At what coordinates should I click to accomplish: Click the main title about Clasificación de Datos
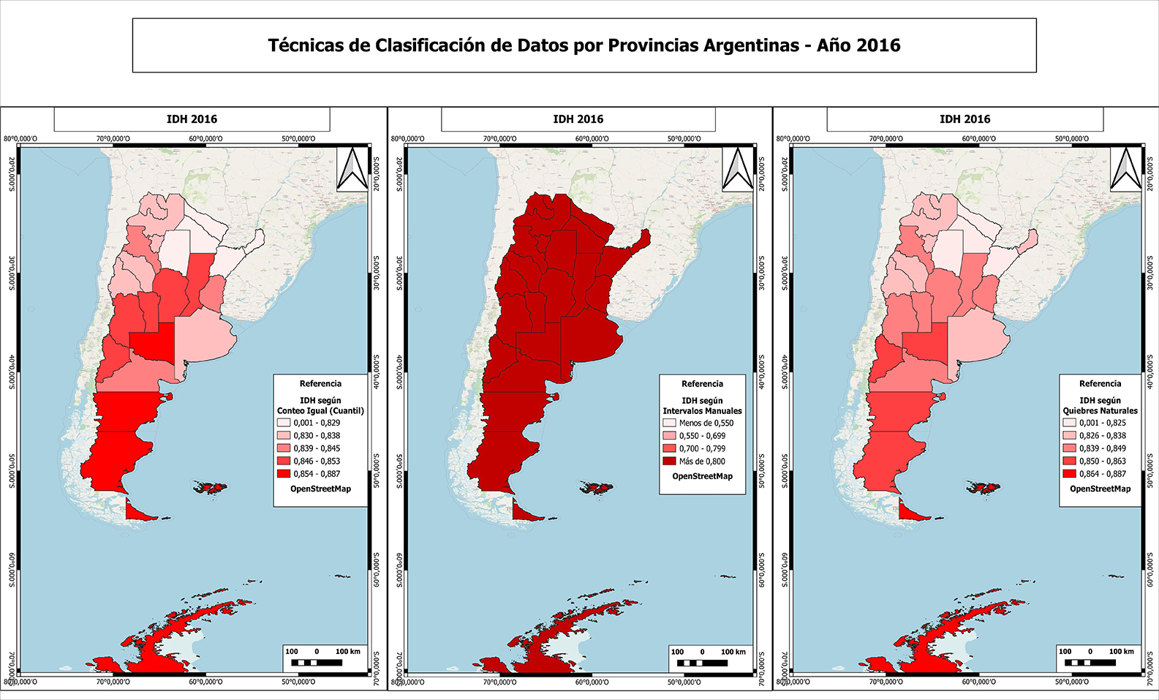point(584,45)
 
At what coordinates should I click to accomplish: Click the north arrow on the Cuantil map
point(352,169)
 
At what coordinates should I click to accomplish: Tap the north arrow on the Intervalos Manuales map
point(737,169)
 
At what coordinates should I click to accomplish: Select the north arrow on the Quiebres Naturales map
point(1125,169)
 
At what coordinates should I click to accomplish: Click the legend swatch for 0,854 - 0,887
point(284,474)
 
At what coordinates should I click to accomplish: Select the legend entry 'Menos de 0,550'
point(705,423)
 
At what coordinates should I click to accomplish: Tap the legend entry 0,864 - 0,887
point(1102,474)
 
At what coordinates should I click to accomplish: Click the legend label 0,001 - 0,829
point(317,423)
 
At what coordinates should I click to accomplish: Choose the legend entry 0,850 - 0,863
point(1102,462)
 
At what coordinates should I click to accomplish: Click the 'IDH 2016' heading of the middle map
point(578,119)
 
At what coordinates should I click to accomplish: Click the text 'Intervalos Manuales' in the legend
point(702,411)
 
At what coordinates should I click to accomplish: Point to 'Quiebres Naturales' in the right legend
point(1100,411)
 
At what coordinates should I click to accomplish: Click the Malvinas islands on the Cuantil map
point(210,487)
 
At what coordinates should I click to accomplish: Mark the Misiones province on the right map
point(1027,241)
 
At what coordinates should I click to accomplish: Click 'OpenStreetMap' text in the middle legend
point(702,476)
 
